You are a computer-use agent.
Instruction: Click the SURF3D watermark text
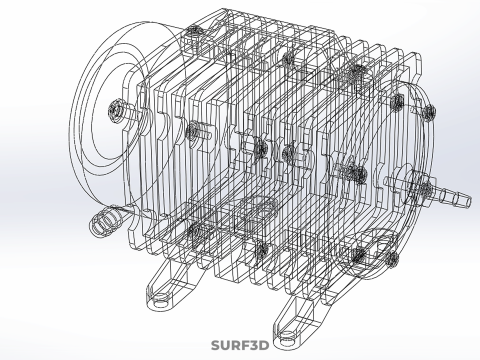240,346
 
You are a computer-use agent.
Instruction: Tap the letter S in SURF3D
216,346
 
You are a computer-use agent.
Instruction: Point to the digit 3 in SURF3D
253,346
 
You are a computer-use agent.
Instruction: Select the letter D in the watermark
264,346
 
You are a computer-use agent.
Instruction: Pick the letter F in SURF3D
244,346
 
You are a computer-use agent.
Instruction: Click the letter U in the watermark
225,346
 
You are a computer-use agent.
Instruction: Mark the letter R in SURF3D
235,346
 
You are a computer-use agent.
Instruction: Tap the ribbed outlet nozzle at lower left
102,222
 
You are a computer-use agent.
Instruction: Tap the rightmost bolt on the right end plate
400,104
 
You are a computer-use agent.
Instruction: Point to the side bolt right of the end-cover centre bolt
196,130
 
